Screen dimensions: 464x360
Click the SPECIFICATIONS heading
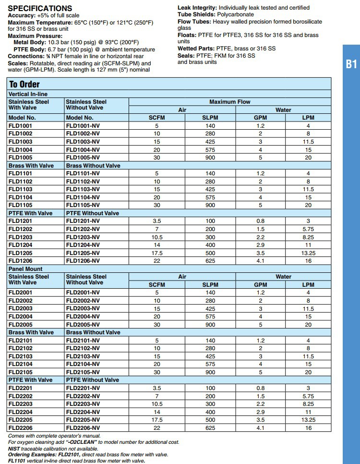(40, 8)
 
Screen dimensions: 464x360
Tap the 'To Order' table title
(24, 84)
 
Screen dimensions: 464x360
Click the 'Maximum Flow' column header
(229, 102)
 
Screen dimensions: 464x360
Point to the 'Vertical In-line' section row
(28, 94)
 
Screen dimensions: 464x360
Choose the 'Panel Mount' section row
(25, 269)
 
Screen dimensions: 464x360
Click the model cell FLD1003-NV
(83, 142)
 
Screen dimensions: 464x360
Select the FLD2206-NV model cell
(83, 427)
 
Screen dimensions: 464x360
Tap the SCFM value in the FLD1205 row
(156, 253)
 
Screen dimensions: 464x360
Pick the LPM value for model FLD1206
(308, 261)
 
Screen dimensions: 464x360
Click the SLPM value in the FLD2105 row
(210, 372)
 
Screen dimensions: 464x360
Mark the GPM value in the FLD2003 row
(261, 308)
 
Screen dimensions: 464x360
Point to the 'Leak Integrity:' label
(197, 8)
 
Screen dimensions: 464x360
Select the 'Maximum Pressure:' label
(35, 36)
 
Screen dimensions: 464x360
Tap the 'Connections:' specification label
(26, 56)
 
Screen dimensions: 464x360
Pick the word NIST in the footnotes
(15, 448)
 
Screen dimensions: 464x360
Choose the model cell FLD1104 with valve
(21, 197)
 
